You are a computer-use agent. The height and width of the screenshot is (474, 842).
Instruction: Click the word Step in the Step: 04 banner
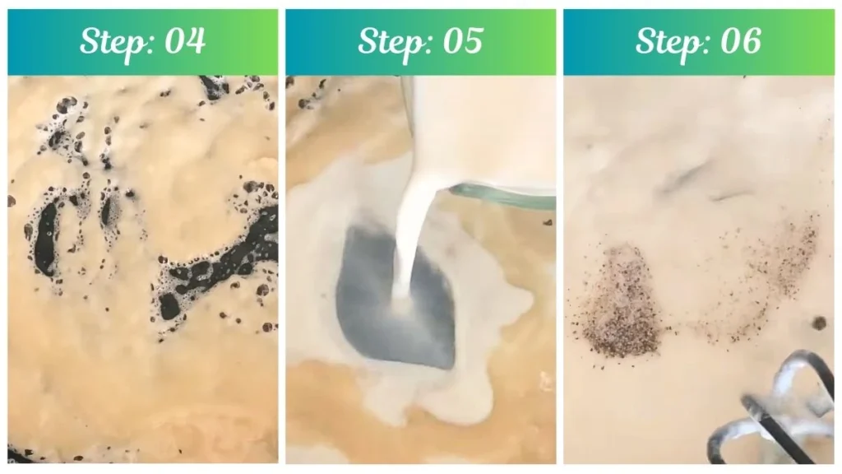point(109,41)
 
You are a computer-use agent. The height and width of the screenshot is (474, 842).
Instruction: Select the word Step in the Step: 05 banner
point(386,41)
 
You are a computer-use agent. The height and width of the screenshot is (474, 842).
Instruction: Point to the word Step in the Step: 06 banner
point(664,41)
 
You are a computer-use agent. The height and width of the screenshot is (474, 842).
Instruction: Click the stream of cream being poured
point(411,239)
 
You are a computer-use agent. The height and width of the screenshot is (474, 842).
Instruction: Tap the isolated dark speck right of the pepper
point(819,323)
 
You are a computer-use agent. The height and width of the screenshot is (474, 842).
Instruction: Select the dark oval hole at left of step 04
point(45,239)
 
